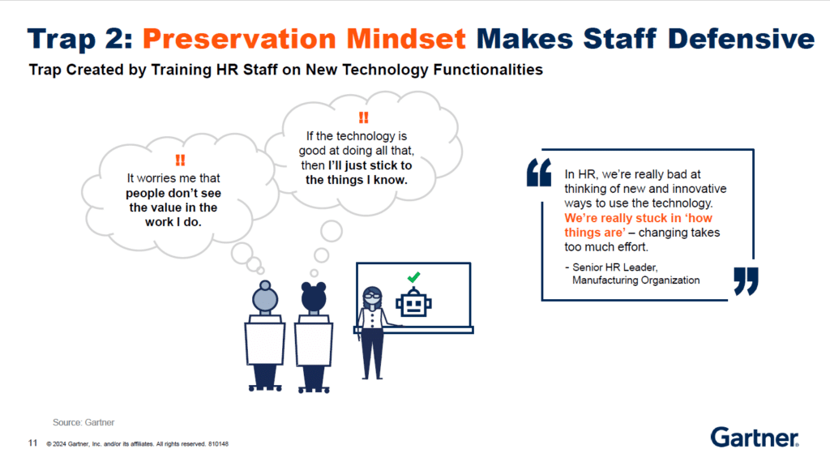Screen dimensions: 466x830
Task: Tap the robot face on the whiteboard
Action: coord(413,304)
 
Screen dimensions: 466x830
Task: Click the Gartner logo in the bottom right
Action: coord(754,438)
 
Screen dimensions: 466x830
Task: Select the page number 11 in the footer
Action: coord(32,443)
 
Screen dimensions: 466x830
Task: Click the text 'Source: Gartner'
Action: coord(84,422)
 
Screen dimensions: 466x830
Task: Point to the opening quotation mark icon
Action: coord(538,172)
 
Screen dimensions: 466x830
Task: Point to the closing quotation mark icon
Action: coord(746,280)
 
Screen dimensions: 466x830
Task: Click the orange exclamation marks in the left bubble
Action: coord(179,160)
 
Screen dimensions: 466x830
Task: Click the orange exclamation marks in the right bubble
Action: coord(362,118)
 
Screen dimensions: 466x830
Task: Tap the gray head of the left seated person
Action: coord(265,297)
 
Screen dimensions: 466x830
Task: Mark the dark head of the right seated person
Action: coord(313,297)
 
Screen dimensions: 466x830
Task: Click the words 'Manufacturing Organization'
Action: coord(635,280)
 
